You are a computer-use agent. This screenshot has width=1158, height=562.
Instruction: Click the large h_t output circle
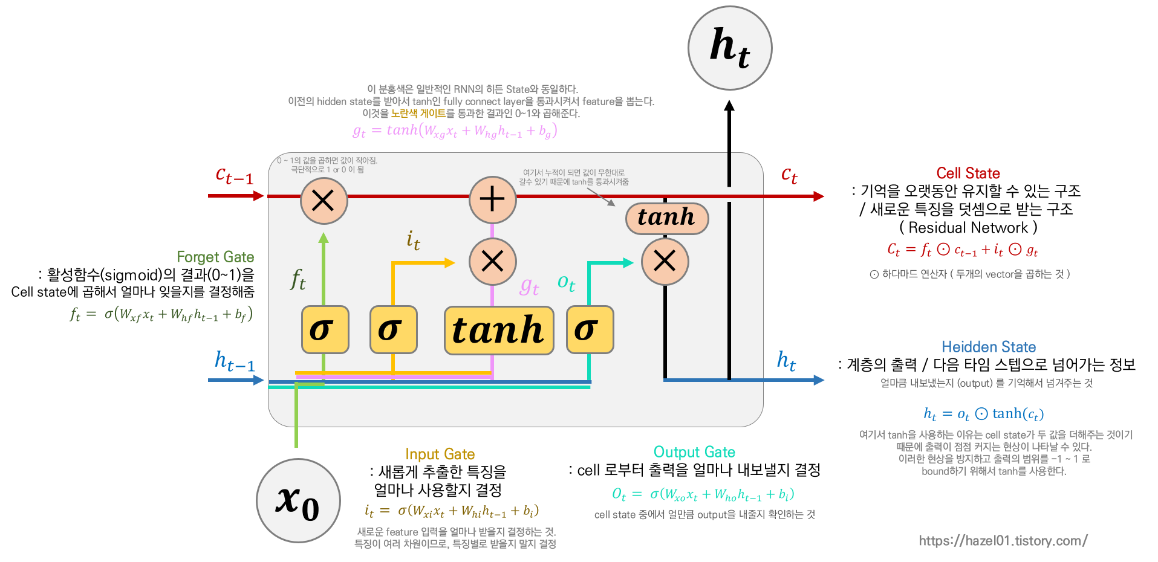[x=730, y=48]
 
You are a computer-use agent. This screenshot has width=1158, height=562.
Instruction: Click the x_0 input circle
[x=298, y=500]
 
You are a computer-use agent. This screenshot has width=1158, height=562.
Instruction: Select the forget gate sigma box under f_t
[x=325, y=330]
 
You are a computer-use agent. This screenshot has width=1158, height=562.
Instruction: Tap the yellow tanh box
[x=499, y=331]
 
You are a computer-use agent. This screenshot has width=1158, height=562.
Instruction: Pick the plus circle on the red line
[x=493, y=199]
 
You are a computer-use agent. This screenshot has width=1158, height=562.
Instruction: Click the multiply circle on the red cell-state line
[x=324, y=200]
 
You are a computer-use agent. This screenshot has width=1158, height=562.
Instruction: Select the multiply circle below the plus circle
[x=493, y=262]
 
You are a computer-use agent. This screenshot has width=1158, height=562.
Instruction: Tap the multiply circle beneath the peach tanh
[x=665, y=262]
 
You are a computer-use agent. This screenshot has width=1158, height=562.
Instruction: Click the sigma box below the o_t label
[x=590, y=330]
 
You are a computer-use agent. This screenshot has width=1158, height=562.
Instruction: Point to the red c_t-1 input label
[x=234, y=176]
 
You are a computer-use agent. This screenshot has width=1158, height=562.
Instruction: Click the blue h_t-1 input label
[x=235, y=361]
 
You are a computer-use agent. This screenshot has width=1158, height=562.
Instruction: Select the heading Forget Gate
[x=215, y=257]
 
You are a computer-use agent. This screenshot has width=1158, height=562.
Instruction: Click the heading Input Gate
[x=440, y=454]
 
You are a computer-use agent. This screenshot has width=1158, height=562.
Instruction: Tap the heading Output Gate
[x=694, y=452]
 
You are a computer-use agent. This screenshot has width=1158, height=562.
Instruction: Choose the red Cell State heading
[x=968, y=173]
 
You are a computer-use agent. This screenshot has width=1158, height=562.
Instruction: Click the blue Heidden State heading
[x=989, y=347]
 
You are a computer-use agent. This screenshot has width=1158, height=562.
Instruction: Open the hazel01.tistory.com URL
[x=1003, y=540]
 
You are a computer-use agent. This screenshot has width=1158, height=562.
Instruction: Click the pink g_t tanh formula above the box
[x=455, y=131]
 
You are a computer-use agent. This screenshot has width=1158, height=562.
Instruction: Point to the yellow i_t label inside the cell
[x=414, y=241]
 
